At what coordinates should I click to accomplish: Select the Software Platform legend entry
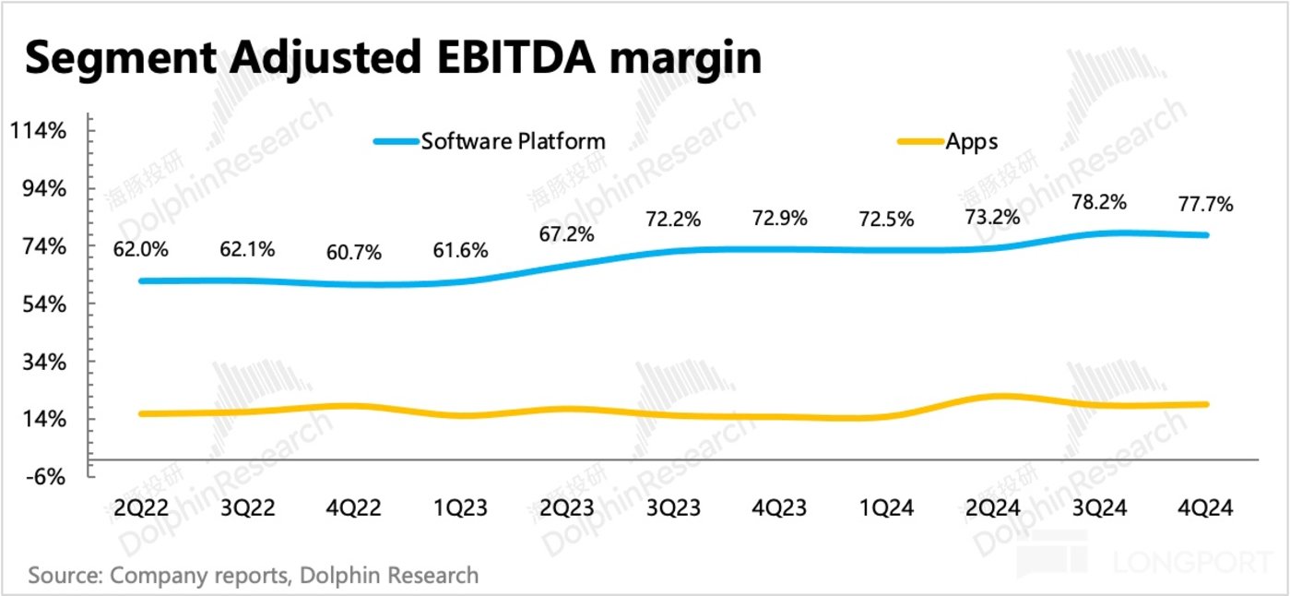513,141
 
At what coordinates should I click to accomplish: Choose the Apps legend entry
971,141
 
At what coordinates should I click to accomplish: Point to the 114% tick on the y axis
40,131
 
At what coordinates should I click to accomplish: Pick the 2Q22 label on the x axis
140,508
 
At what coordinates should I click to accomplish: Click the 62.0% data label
140,248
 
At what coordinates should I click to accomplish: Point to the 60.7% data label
353,252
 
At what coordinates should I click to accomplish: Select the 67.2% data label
566,234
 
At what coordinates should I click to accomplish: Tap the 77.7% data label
1205,204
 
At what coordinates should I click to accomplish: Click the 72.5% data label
886,220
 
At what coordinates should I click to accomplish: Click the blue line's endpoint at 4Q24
1207,235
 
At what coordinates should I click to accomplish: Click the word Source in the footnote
63,576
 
